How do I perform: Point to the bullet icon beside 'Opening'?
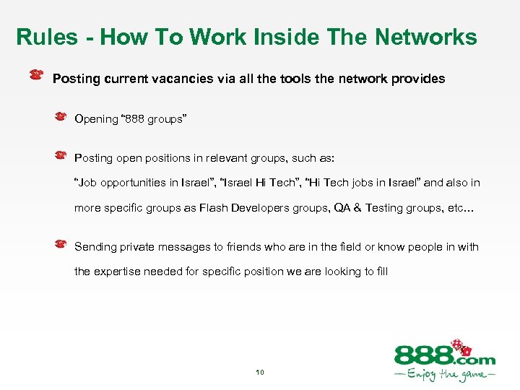62,115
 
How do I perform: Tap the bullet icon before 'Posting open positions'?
62,155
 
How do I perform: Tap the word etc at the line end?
456,208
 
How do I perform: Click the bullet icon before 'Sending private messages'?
62,244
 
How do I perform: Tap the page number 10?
259,373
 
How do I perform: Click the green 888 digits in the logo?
422,356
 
